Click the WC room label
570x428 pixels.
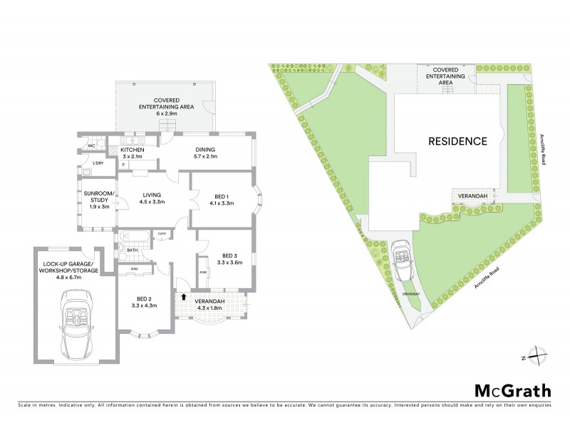(x=91, y=146)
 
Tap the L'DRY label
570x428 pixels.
(x=98, y=164)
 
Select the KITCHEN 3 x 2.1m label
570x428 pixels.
(x=133, y=153)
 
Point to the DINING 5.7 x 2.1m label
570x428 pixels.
(x=206, y=153)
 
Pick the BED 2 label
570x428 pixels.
(x=144, y=302)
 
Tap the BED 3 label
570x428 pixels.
(x=228, y=259)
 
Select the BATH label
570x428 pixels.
(x=132, y=250)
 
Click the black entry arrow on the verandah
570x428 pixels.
(x=183, y=297)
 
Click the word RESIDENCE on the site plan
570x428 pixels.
(x=457, y=141)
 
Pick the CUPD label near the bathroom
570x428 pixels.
(x=162, y=233)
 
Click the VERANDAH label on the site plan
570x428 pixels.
(x=471, y=195)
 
